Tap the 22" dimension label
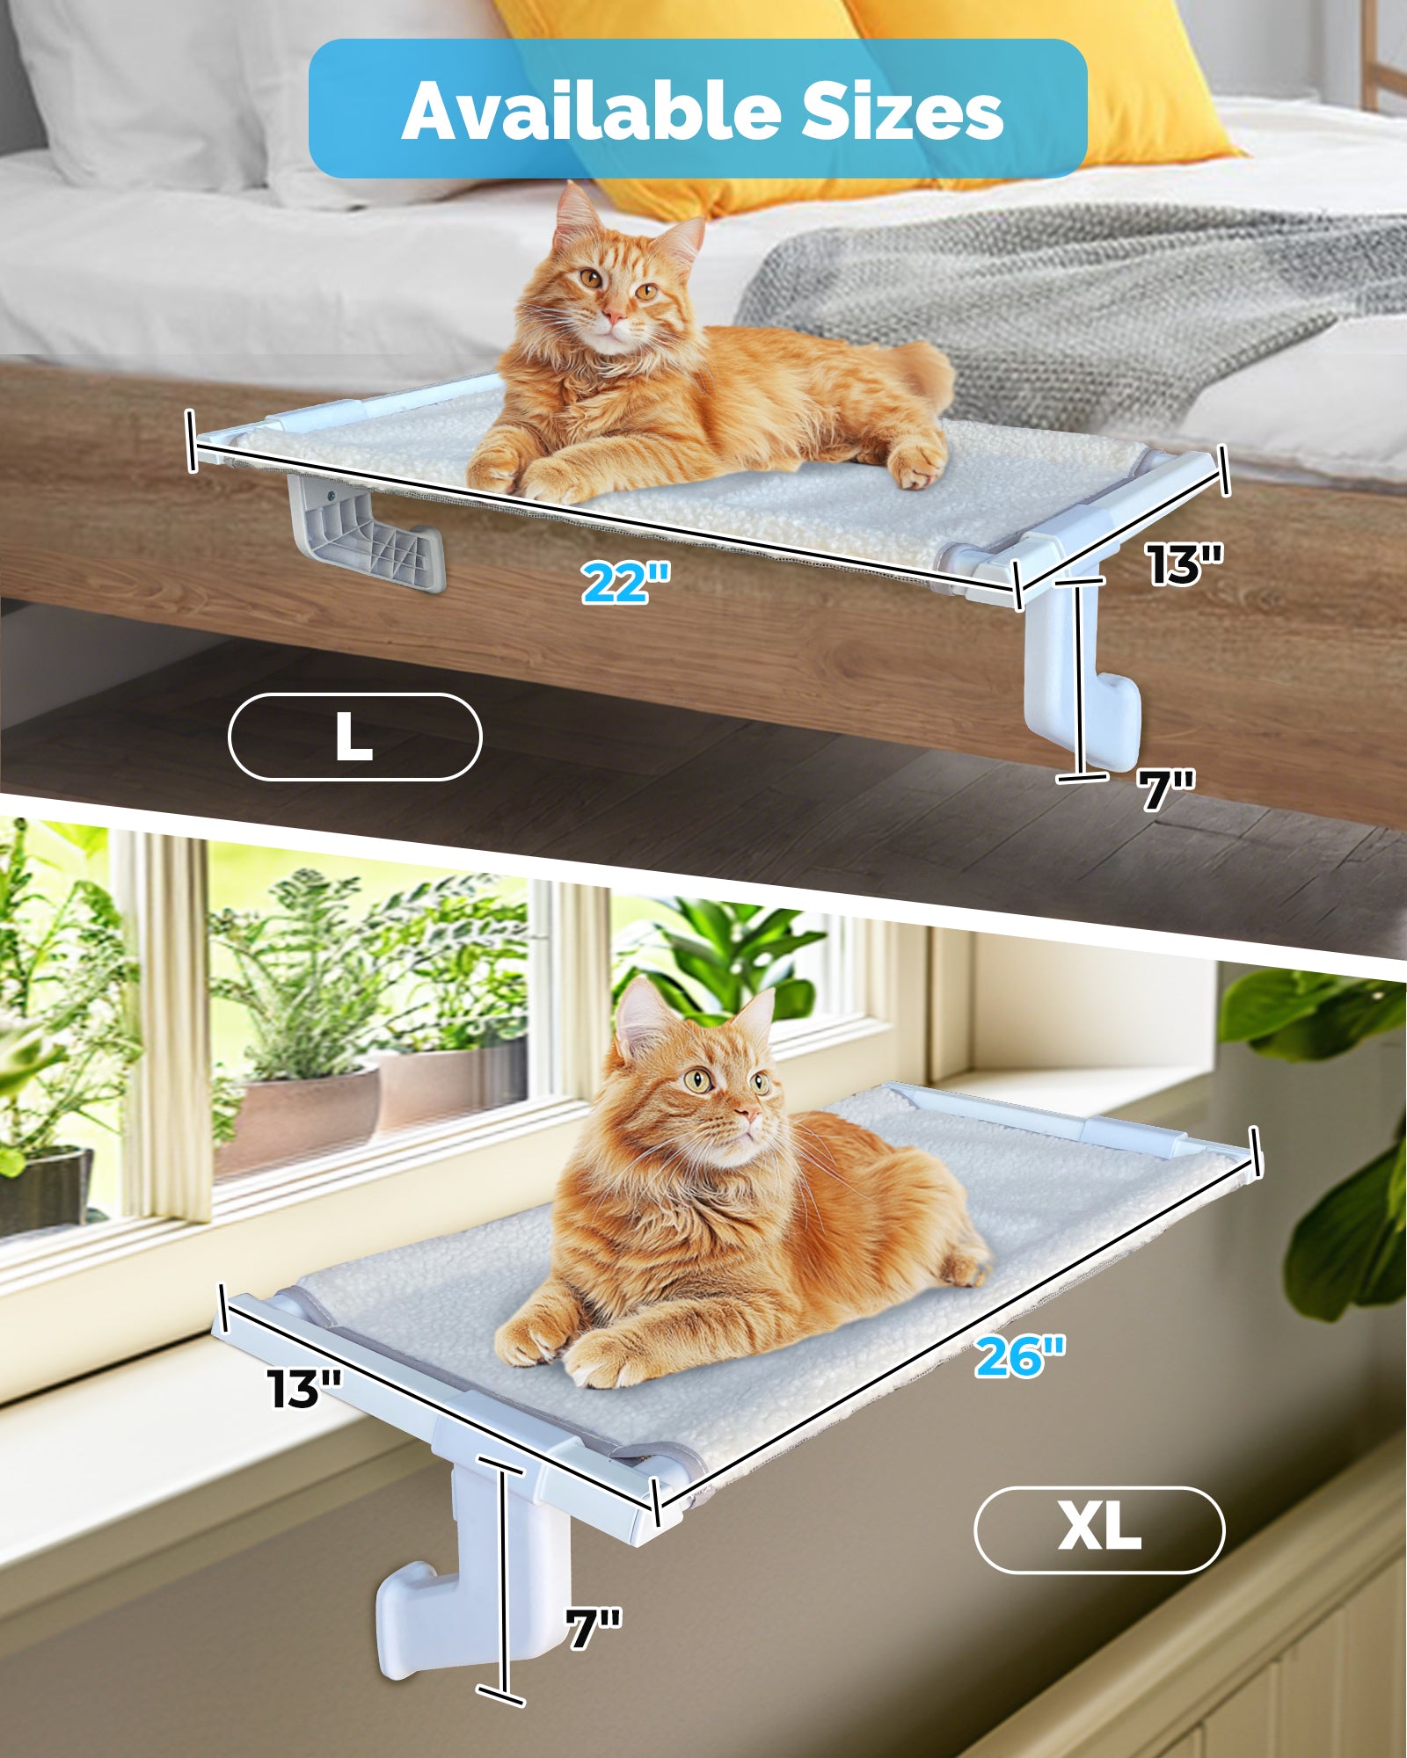pos(626,581)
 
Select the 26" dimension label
pos(1020,1355)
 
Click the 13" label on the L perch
pos(1185,563)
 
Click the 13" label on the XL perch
pos(304,1389)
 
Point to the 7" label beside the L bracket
pos(1166,788)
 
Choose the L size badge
pos(354,737)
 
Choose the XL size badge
pos(1099,1529)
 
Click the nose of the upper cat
pos(616,315)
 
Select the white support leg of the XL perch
pos(475,1582)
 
